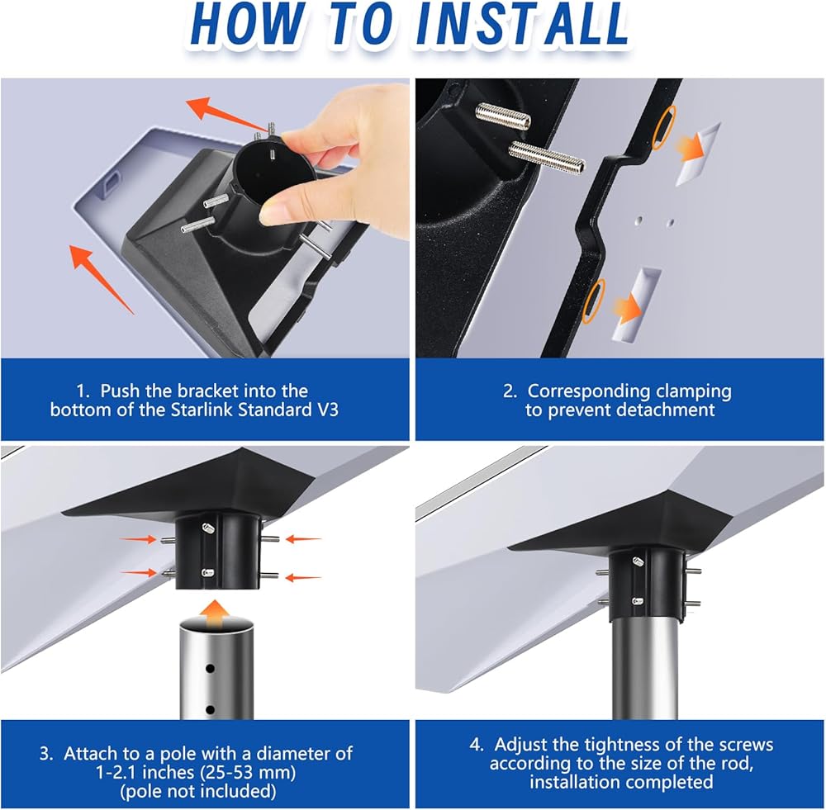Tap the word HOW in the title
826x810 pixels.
tap(246, 24)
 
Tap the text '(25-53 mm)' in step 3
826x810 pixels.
tap(247, 773)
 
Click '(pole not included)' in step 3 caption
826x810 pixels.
tap(198, 791)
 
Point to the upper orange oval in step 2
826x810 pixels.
tap(662, 126)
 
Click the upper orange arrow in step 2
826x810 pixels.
tap(690, 148)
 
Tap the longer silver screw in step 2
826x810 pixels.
tap(546, 159)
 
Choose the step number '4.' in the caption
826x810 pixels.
tap(476, 745)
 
